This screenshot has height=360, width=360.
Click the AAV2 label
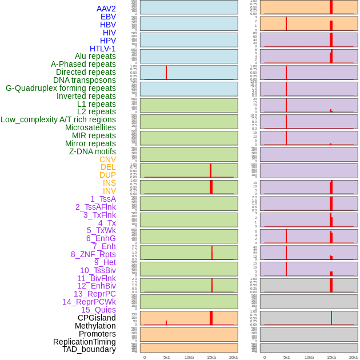pyautogui.click(x=106, y=9)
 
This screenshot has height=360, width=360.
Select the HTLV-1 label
pyautogui.click(x=102, y=49)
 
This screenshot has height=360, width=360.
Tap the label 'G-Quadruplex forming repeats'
pyautogui.click(x=61, y=88)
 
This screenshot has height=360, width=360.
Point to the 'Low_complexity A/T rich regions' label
pyautogui.click(x=58, y=119)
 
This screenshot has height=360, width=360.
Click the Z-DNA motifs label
pyautogui.click(x=93, y=151)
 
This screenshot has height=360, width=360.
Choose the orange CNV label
pyautogui.click(x=107, y=159)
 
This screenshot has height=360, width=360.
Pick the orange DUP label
pyautogui.click(x=107, y=175)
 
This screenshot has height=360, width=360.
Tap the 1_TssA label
pyautogui.click(x=103, y=199)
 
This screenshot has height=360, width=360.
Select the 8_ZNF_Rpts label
pyautogui.click(x=93, y=254)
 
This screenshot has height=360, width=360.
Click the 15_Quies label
pyautogui.click(x=98, y=310)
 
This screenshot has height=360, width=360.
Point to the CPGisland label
pyautogui.click(x=97, y=318)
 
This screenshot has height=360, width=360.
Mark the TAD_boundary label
pyautogui.click(x=89, y=349)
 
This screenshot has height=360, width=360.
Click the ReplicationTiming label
pyautogui.click(x=84, y=342)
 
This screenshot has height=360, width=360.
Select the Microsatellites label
pyautogui.click(x=90, y=127)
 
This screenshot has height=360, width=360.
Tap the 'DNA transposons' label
pyautogui.click(x=85, y=80)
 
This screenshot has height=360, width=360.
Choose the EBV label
pyautogui.click(x=108, y=17)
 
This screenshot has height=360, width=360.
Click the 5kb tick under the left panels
pyautogui.click(x=167, y=357)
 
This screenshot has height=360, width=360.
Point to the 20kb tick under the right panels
pyautogui.click(x=354, y=357)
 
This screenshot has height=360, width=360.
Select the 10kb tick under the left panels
pyautogui.click(x=189, y=357)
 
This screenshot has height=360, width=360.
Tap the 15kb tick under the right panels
pyautogui.click(x=331, y=357)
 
